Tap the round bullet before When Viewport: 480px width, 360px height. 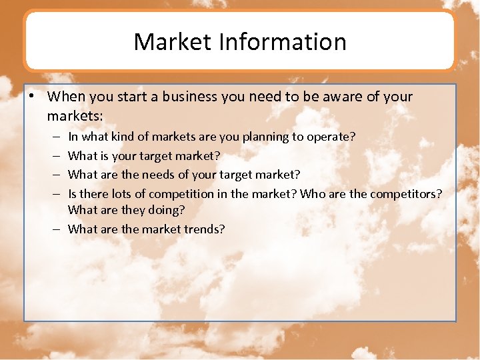tap(32, 96)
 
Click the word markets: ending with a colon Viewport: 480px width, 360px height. tap(75, 116)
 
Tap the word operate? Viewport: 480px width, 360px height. tap(331, 137)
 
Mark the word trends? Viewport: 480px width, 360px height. tap(204, 229)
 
